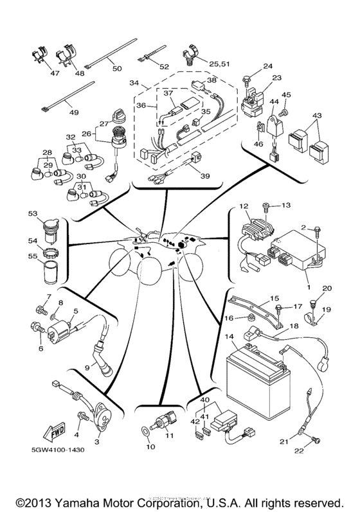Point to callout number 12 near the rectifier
pyautogui.click(x=244, y=206)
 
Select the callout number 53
pyautogui.click(x=33, y=213)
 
